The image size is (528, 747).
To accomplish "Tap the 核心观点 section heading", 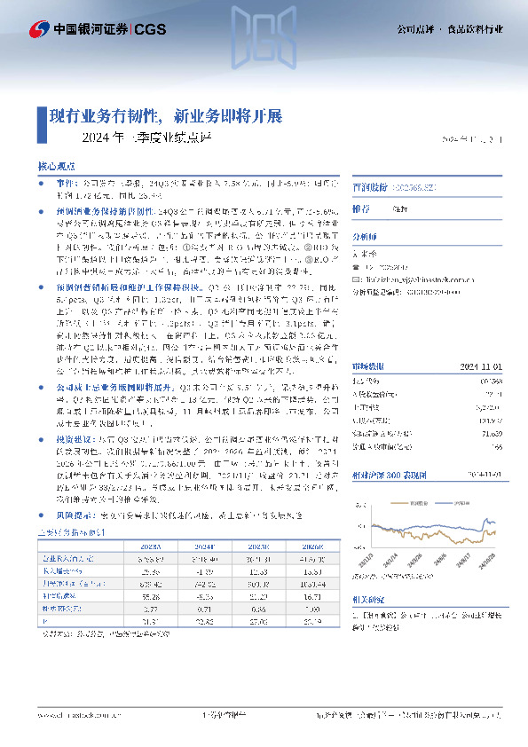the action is pyautogui.click(x=52, y=166).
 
